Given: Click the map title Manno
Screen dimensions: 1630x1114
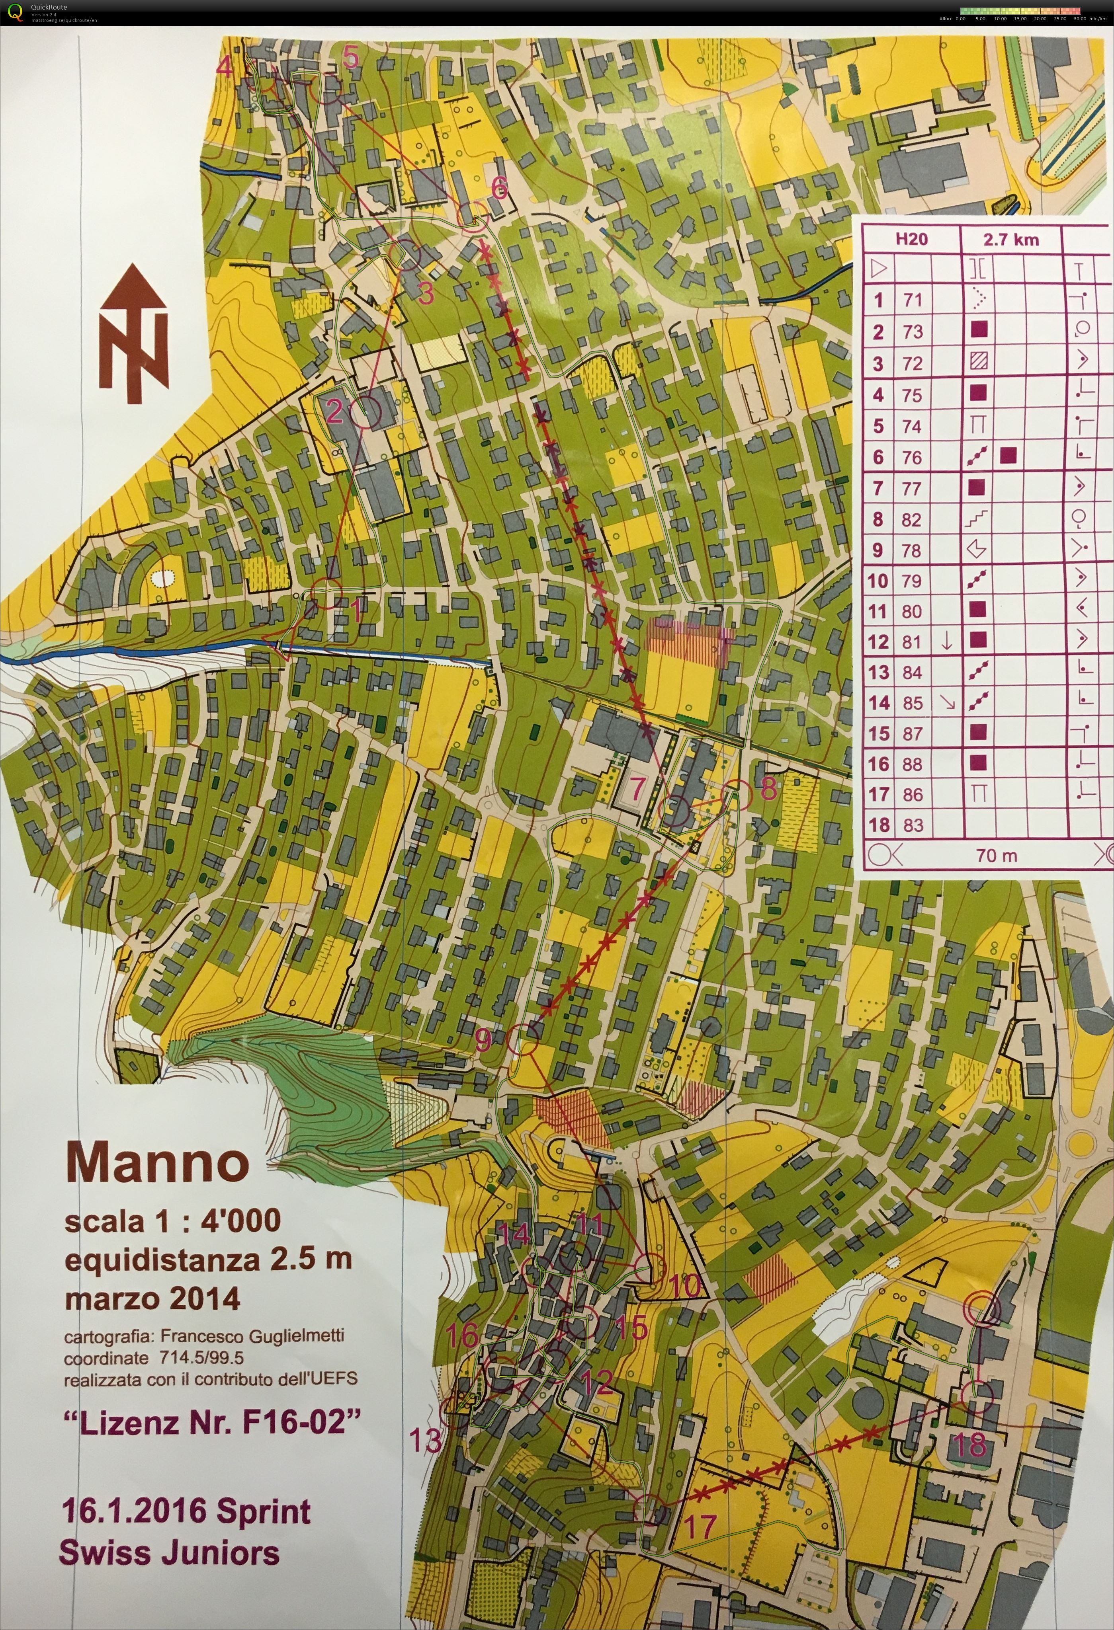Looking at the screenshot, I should point(157,1162).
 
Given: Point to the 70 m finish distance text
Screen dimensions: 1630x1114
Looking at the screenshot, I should point(996,855).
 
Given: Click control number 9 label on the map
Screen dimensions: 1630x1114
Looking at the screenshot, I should point(483,1040).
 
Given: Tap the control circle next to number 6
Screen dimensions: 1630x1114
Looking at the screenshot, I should point(473,215).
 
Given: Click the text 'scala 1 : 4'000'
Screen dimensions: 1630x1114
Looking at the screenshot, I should point(172,1221).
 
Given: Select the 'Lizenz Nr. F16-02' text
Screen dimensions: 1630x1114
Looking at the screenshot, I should point(212,1422).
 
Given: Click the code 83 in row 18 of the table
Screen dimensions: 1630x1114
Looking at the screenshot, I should point(913,825).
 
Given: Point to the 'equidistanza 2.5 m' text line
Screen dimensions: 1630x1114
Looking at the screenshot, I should point(208,1259).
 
